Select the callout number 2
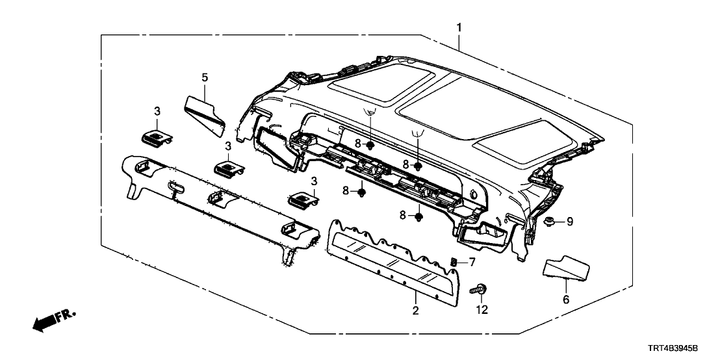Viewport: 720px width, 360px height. pyautogui.click(x=416, y=311)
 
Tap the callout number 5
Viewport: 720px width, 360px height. pyautogui.click(x=205, y=77)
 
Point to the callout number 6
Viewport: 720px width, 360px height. pyautogui.click(x=565, y=300)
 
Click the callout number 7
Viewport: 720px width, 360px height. pyautogui.click(x=472, y=262)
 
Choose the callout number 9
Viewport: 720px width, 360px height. pyautogui.click(x=570, y=222)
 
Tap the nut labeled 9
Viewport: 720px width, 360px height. pyautogui.click(x=549, y=222)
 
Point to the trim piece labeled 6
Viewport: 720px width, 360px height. pyautogui.click(x=565, y=267)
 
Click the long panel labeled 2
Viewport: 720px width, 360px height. pyautogui.click(x=396, y=260)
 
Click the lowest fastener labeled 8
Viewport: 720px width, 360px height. pyautogui.click(x=419, y=216)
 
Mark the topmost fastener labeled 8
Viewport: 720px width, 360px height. pyautogui.click(x=369, y=145)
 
